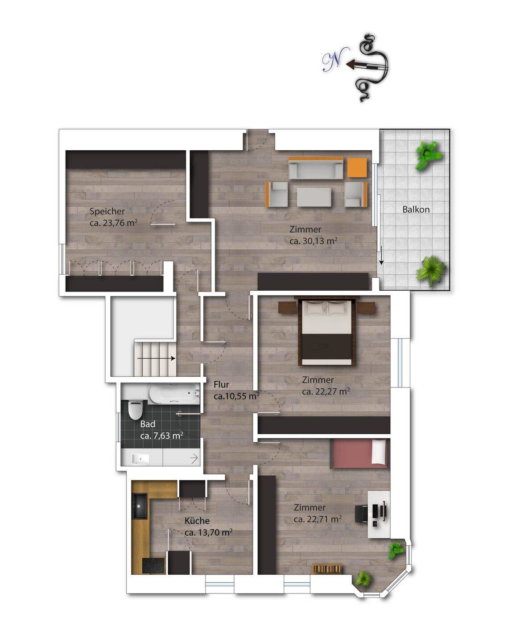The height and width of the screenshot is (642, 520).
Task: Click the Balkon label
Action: (416, 209)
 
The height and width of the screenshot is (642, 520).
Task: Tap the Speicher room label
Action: (107, 211)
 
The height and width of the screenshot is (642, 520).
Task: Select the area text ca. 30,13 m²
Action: (313, 241)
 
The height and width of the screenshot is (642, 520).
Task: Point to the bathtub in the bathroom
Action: (174, 393)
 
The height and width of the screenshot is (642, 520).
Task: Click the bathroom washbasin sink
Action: (141, 459)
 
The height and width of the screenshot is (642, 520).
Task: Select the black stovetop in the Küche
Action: (153, 566)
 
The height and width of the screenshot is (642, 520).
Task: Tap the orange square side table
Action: (357, 168)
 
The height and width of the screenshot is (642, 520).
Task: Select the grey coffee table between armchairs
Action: (314, 197)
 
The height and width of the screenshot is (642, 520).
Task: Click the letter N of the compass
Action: (335, 61)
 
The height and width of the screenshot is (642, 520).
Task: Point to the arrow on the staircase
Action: (156, 358)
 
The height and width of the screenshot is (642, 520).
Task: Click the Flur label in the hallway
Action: (221, 384)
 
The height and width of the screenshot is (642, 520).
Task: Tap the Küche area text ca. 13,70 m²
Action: (208, 532)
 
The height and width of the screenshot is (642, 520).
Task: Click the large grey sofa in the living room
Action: (316, 168)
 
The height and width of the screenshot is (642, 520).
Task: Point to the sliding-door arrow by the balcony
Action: (381, 255)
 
